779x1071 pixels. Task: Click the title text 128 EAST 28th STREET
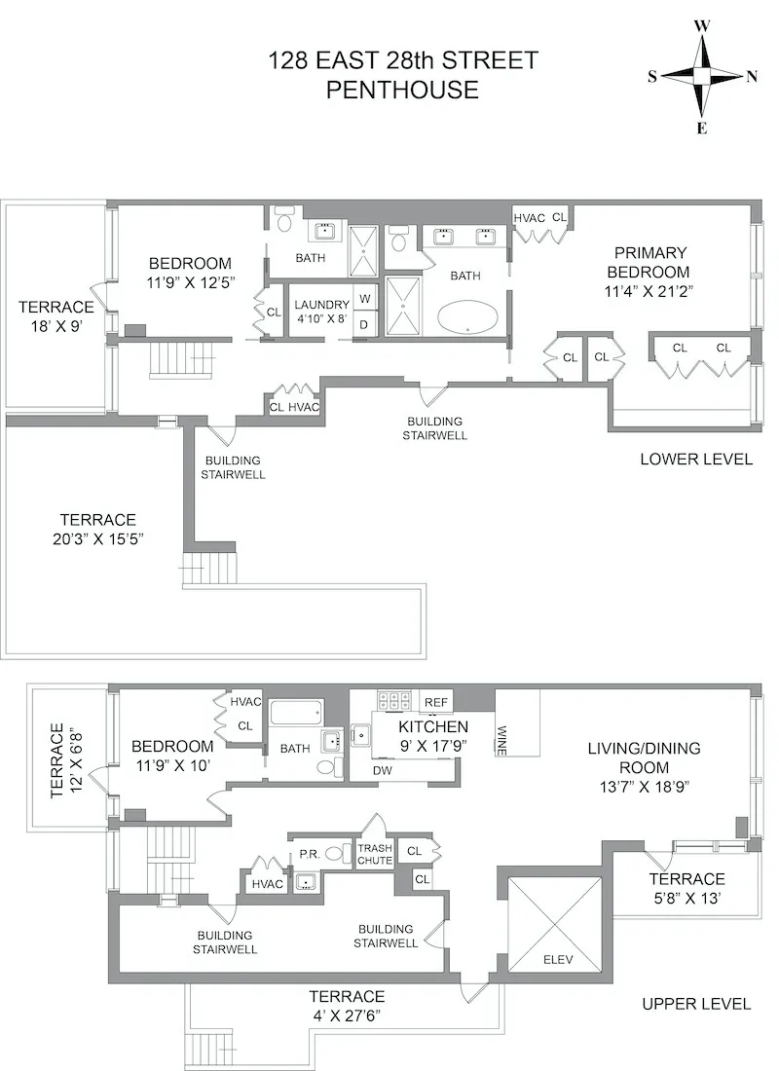[402, 60]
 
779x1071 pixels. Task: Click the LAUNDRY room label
[321, 305]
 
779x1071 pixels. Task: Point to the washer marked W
[364, 299]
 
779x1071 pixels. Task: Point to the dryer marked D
[364, 324]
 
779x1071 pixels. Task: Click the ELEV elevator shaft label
[558, 960]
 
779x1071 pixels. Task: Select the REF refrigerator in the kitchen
[436, 701]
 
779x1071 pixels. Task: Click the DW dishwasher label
[384, 770]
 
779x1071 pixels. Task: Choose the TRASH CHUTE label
[375, 854]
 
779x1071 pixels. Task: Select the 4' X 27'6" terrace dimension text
[347, 1014]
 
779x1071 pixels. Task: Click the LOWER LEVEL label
[695, 459]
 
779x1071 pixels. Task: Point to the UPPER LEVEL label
[696, 1004]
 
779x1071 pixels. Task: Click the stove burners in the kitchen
[392, 700]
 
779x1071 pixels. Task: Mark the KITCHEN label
[433, 726]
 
